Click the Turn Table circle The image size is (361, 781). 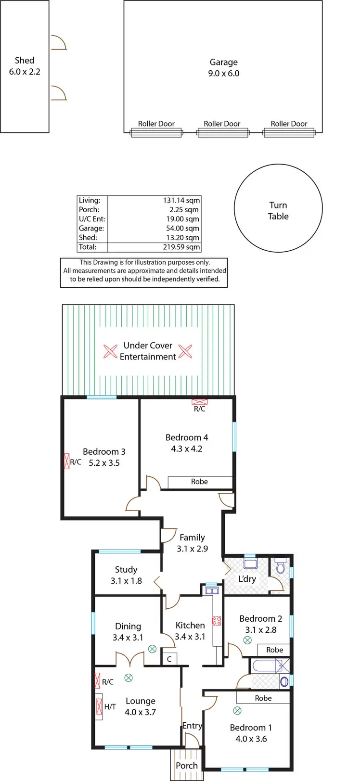coord(278,208)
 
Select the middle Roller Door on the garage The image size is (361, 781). coord(222,132)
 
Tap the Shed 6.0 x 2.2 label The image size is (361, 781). coord(25,66)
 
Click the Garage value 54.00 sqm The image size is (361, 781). coord(182,228)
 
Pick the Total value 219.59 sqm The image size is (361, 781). coord(181,247)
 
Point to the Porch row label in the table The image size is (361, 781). coord(89,209)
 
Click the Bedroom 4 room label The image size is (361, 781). coord(187,443)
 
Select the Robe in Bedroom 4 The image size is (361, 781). coord(199,482)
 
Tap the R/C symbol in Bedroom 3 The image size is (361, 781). coord(67,461)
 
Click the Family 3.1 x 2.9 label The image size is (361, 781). coord(192,543)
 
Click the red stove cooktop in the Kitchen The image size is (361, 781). coord(217,621)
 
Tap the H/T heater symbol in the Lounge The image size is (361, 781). coord(100,706)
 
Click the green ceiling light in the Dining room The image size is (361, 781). coord(152,649)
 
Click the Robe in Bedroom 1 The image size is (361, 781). coord(263,698)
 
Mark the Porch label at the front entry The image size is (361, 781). coord(187,765)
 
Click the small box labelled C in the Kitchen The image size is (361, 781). coord(169,659)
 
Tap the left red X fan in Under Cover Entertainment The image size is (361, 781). coord(111,352)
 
